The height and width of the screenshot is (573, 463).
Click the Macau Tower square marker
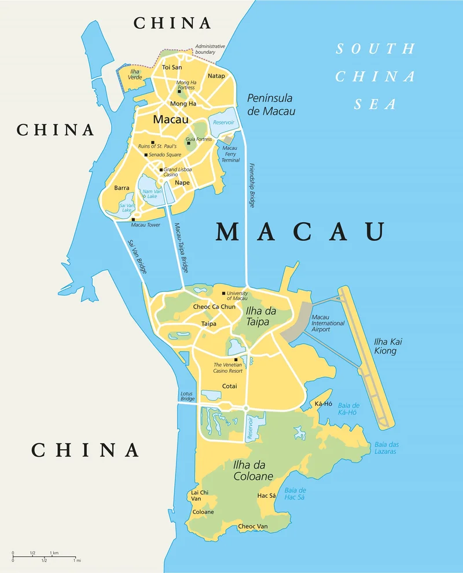133,219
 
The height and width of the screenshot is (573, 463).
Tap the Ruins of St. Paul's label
157,146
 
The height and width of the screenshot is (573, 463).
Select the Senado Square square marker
146,155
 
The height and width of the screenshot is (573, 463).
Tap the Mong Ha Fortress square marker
179,91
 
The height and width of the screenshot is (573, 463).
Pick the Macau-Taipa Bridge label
181,248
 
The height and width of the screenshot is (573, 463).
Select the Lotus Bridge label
186,396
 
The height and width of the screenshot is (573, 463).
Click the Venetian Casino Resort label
228,368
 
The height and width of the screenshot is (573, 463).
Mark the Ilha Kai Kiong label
388,346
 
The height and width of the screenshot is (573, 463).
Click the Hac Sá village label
266,495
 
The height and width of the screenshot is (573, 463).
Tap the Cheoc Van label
253,526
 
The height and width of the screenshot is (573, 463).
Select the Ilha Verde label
135,74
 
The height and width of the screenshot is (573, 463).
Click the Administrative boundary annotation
210,49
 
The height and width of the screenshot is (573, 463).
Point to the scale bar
45,557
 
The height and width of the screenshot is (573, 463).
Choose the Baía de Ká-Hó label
348,409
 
